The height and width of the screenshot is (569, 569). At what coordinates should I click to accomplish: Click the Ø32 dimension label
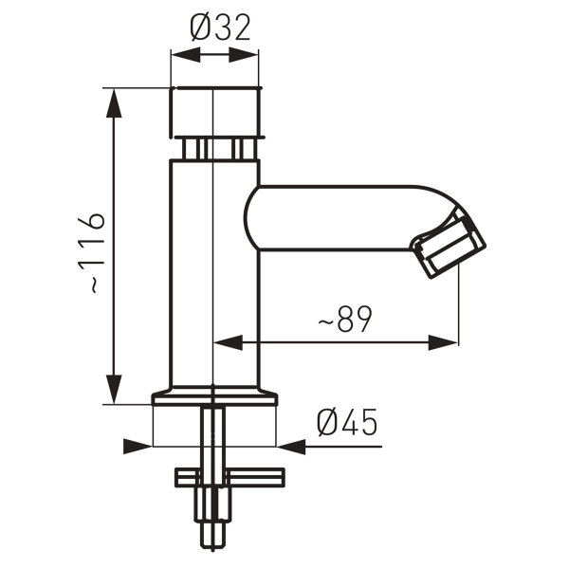click(220, 28)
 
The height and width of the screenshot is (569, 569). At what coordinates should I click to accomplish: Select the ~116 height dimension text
click(92, 251)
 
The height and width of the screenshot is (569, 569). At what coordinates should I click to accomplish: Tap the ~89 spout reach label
click(343, 321)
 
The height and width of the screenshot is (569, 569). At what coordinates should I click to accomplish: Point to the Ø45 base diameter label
click(347, 421)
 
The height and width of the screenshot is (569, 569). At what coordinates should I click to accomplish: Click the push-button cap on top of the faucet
click(214, 111)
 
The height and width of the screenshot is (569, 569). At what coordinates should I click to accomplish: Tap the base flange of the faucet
click(214, 397)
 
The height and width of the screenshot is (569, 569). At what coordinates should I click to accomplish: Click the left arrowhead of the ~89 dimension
click(229, 342)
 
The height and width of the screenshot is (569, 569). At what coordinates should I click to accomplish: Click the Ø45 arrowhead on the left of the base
click(138, 444)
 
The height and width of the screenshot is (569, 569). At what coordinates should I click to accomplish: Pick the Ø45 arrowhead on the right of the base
click(290, 444)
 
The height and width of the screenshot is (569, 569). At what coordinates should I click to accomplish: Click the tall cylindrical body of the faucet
click(214, 275)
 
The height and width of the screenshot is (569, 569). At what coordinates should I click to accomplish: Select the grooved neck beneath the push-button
click(215, 148)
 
